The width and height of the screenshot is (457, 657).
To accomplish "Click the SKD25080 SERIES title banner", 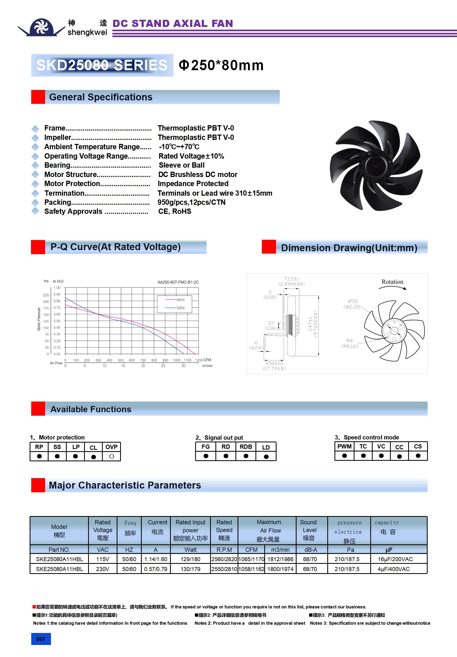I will pos(102,65).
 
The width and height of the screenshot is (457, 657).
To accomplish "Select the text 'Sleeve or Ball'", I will pos(182,166).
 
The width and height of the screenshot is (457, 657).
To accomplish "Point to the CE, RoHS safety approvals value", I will pos(175,211).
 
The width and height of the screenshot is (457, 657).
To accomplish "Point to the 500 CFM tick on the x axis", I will pos(120,360).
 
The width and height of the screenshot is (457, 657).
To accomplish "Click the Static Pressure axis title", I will pos(39,319).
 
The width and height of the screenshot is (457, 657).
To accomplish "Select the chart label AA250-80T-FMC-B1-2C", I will pos(178,282).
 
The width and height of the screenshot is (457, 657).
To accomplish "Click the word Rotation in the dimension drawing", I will pos(392,282).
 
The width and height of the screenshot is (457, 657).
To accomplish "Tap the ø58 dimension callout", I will pos(353,301).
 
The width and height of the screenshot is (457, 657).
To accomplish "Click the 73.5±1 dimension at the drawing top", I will pos(291,279).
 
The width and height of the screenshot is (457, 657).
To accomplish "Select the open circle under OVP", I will pos(112,457).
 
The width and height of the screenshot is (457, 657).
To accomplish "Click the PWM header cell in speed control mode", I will pos(344,447).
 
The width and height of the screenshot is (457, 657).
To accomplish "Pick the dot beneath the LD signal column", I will pos(266,457).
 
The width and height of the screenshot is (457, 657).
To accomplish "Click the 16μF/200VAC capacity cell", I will pos(395,559).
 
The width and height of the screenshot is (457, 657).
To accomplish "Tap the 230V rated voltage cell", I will pos(103,569).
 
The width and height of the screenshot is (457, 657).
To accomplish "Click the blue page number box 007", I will pos(41,639).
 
